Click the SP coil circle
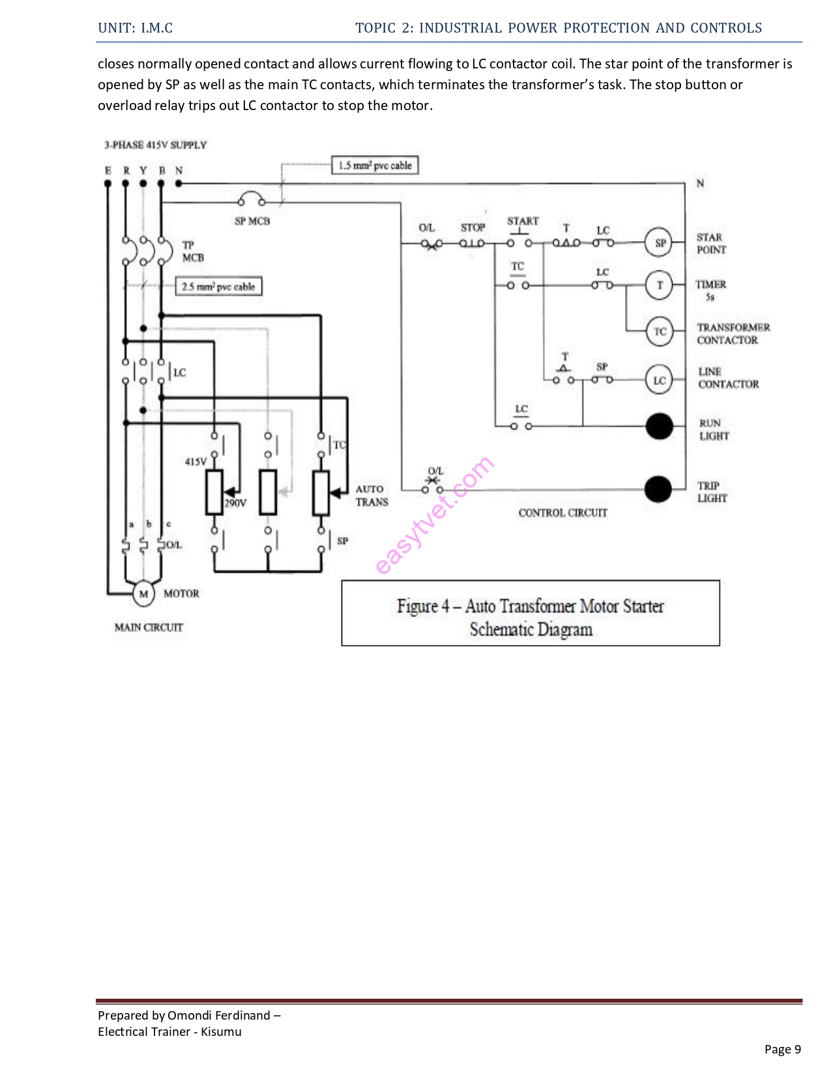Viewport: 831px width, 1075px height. [x=660, y=243]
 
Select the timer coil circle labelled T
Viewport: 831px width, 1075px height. [x=660, y=285]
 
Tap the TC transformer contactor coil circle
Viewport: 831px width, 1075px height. [x=660, y=332]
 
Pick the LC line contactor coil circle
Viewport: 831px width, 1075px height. [x=660, y=380]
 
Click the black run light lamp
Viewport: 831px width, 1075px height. [x=659, y=427]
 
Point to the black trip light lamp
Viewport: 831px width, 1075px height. [x=658, y=489]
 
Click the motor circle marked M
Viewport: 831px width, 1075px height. [x=143, y=594]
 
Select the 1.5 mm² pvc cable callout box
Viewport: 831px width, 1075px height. [x=375, y=165]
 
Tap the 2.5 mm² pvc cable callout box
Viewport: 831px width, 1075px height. [x=218, y=287]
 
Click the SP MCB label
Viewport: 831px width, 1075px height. [x=252, y=222]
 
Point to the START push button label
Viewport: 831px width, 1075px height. [x=523, y=221]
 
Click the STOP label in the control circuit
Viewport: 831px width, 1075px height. [x=473, y=227]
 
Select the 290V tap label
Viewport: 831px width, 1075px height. [x=235, y=503]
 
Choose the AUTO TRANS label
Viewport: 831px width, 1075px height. [x=372, y=496]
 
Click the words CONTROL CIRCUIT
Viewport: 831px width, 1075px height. [x=562, y=513]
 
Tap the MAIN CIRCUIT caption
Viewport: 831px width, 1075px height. [x=149, y=627]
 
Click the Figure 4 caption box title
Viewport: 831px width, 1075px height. [x=531, y=607]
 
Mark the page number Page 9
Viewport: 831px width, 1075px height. [x=782, y=1049]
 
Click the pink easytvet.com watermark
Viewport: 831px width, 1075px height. [x=435, y=515]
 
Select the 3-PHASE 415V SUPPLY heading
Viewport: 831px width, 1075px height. [x=155, y=145]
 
